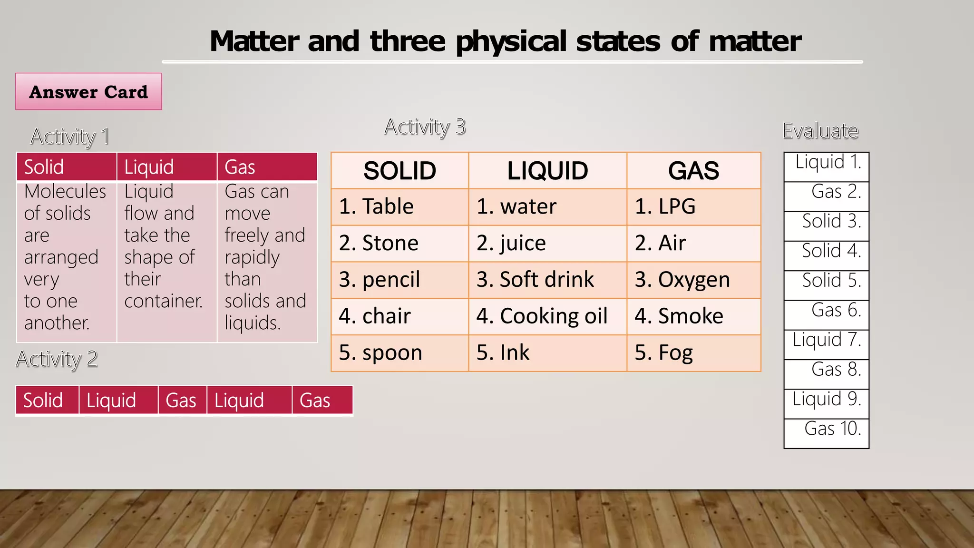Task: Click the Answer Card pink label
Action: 88,91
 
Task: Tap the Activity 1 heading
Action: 70,137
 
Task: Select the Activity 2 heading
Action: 57,359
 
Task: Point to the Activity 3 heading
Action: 425,127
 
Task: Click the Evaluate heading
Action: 820,131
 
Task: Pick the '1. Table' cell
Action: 399,207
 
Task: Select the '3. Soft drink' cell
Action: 547,280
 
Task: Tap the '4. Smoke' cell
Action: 693,316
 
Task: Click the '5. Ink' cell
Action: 547,353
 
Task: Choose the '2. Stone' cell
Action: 399,243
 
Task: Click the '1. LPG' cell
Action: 693,207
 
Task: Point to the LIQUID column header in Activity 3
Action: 547,171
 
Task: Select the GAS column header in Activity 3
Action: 693,171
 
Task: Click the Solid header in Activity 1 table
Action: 67,167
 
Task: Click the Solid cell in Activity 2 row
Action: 47,401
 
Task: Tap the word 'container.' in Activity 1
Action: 163,301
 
